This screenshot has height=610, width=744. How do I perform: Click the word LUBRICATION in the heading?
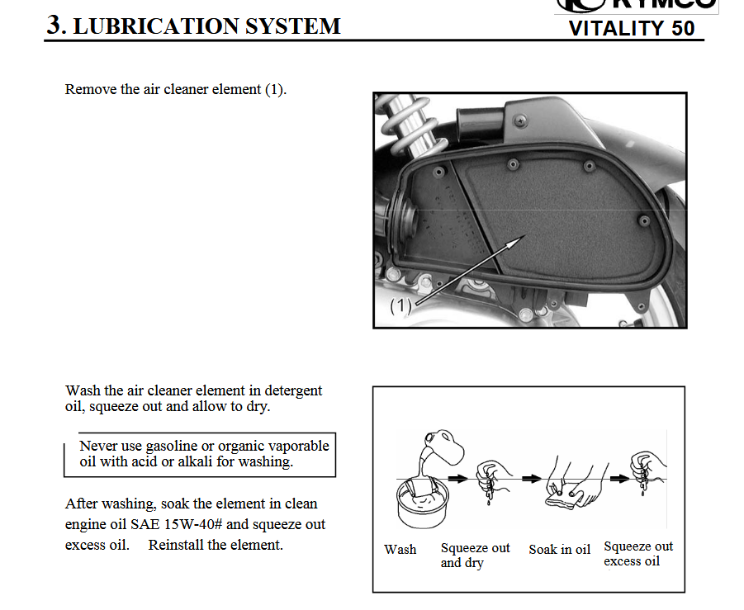155,26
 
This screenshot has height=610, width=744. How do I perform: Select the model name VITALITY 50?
632,28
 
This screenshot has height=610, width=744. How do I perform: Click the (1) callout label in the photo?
400,305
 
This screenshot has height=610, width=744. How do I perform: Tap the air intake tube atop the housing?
479,122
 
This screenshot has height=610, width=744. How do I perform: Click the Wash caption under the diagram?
400,549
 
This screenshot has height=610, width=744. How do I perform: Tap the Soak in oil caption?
559,549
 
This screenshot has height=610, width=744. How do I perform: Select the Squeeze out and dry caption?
475,555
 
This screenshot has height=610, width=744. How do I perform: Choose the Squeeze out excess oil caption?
638,554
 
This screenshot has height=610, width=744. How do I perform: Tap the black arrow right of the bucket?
457,478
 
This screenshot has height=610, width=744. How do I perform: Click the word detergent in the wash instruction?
293,391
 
